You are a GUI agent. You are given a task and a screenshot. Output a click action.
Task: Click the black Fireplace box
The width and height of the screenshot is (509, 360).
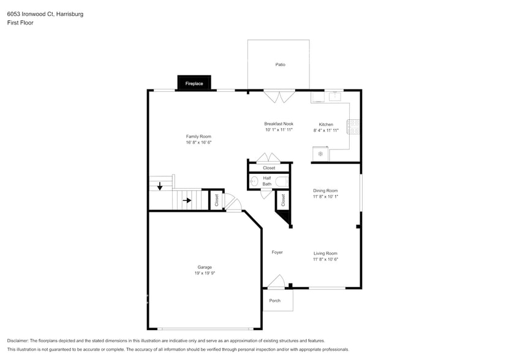(x=194, y=83)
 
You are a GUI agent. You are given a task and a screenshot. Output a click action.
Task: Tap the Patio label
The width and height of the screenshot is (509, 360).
(x=280, y=64)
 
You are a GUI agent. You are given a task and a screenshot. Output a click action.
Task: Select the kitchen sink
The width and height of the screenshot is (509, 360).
(x=334, y=96)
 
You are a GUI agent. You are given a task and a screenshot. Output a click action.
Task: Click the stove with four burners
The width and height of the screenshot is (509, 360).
(x=353, y=127)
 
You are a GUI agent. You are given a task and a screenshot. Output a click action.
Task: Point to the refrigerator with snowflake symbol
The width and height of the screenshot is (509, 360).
(x=320, y=154)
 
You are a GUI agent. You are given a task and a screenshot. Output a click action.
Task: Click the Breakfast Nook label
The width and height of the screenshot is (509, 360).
(x=279, y=124)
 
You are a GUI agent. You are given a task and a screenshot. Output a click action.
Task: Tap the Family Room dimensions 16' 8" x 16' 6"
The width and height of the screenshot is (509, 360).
(x=198, y=142)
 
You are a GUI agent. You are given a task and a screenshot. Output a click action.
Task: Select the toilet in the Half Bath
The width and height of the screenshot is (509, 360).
(x=281, y=181)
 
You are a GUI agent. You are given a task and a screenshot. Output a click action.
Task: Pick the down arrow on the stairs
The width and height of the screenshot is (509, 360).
(x=160, y=186)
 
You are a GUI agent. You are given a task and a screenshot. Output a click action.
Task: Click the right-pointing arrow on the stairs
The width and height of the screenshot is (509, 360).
(x=188, y=200)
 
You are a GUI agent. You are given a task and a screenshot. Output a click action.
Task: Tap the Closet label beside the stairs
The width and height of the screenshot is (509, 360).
(x=216, y=200)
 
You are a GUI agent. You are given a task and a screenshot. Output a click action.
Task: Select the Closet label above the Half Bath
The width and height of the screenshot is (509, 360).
(x=269, y=168)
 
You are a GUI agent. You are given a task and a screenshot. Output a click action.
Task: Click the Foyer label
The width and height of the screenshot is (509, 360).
(x=277, y=252)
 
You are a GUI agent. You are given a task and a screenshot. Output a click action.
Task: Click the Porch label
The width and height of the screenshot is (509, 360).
(x=275, y=301)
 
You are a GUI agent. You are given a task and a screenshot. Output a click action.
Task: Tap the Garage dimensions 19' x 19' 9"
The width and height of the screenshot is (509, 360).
(x=205, y=273)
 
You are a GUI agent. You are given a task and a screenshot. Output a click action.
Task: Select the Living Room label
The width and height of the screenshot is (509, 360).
(x=325, y=253)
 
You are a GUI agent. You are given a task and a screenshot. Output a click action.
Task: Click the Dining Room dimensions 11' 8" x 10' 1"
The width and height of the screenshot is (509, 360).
(x=325, y=197)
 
